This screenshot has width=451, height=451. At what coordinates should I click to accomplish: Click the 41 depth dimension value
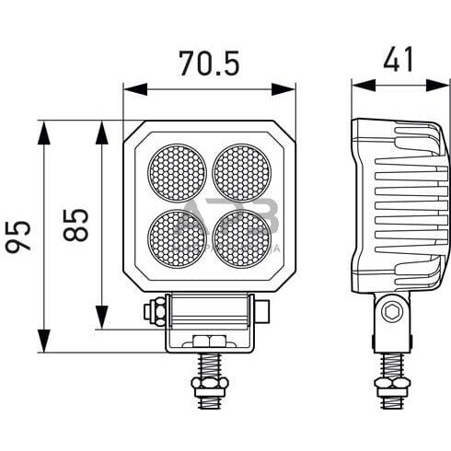pyautogui.click(x=397, y=61)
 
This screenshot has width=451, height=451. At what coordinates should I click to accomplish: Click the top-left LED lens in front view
pyautogui.click(x=177, y=170)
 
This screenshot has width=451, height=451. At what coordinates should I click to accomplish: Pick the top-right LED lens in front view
pyautogui.click(x=242, y=170)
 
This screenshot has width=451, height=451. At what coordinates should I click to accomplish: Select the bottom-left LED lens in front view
pyautogui.click(x=177, y=236)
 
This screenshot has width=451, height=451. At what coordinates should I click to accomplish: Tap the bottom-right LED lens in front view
pyautogui.click(x=242, y=236)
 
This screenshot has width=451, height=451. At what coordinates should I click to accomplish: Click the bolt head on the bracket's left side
pyautogui.click(x=150, y=313)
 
